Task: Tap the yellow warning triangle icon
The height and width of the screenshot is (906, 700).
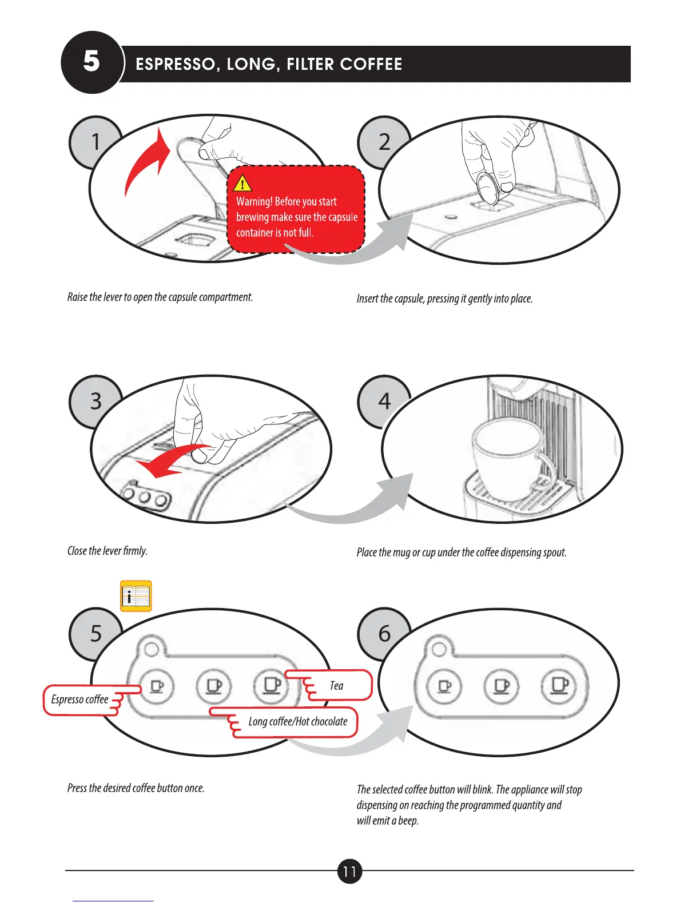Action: [243, 183]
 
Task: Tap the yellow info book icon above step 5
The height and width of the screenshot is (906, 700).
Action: [136, 597]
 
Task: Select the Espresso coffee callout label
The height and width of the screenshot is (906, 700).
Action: [80, 700]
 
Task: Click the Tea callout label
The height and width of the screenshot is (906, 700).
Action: [336, 686]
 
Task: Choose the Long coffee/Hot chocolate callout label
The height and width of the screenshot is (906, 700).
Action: [297, 722]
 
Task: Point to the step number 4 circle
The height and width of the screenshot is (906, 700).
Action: [384, 401]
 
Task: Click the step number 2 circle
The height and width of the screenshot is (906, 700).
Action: [384, 142]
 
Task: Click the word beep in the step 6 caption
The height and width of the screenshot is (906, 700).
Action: [408, 821]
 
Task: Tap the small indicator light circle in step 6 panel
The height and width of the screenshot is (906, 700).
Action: [439, 649]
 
